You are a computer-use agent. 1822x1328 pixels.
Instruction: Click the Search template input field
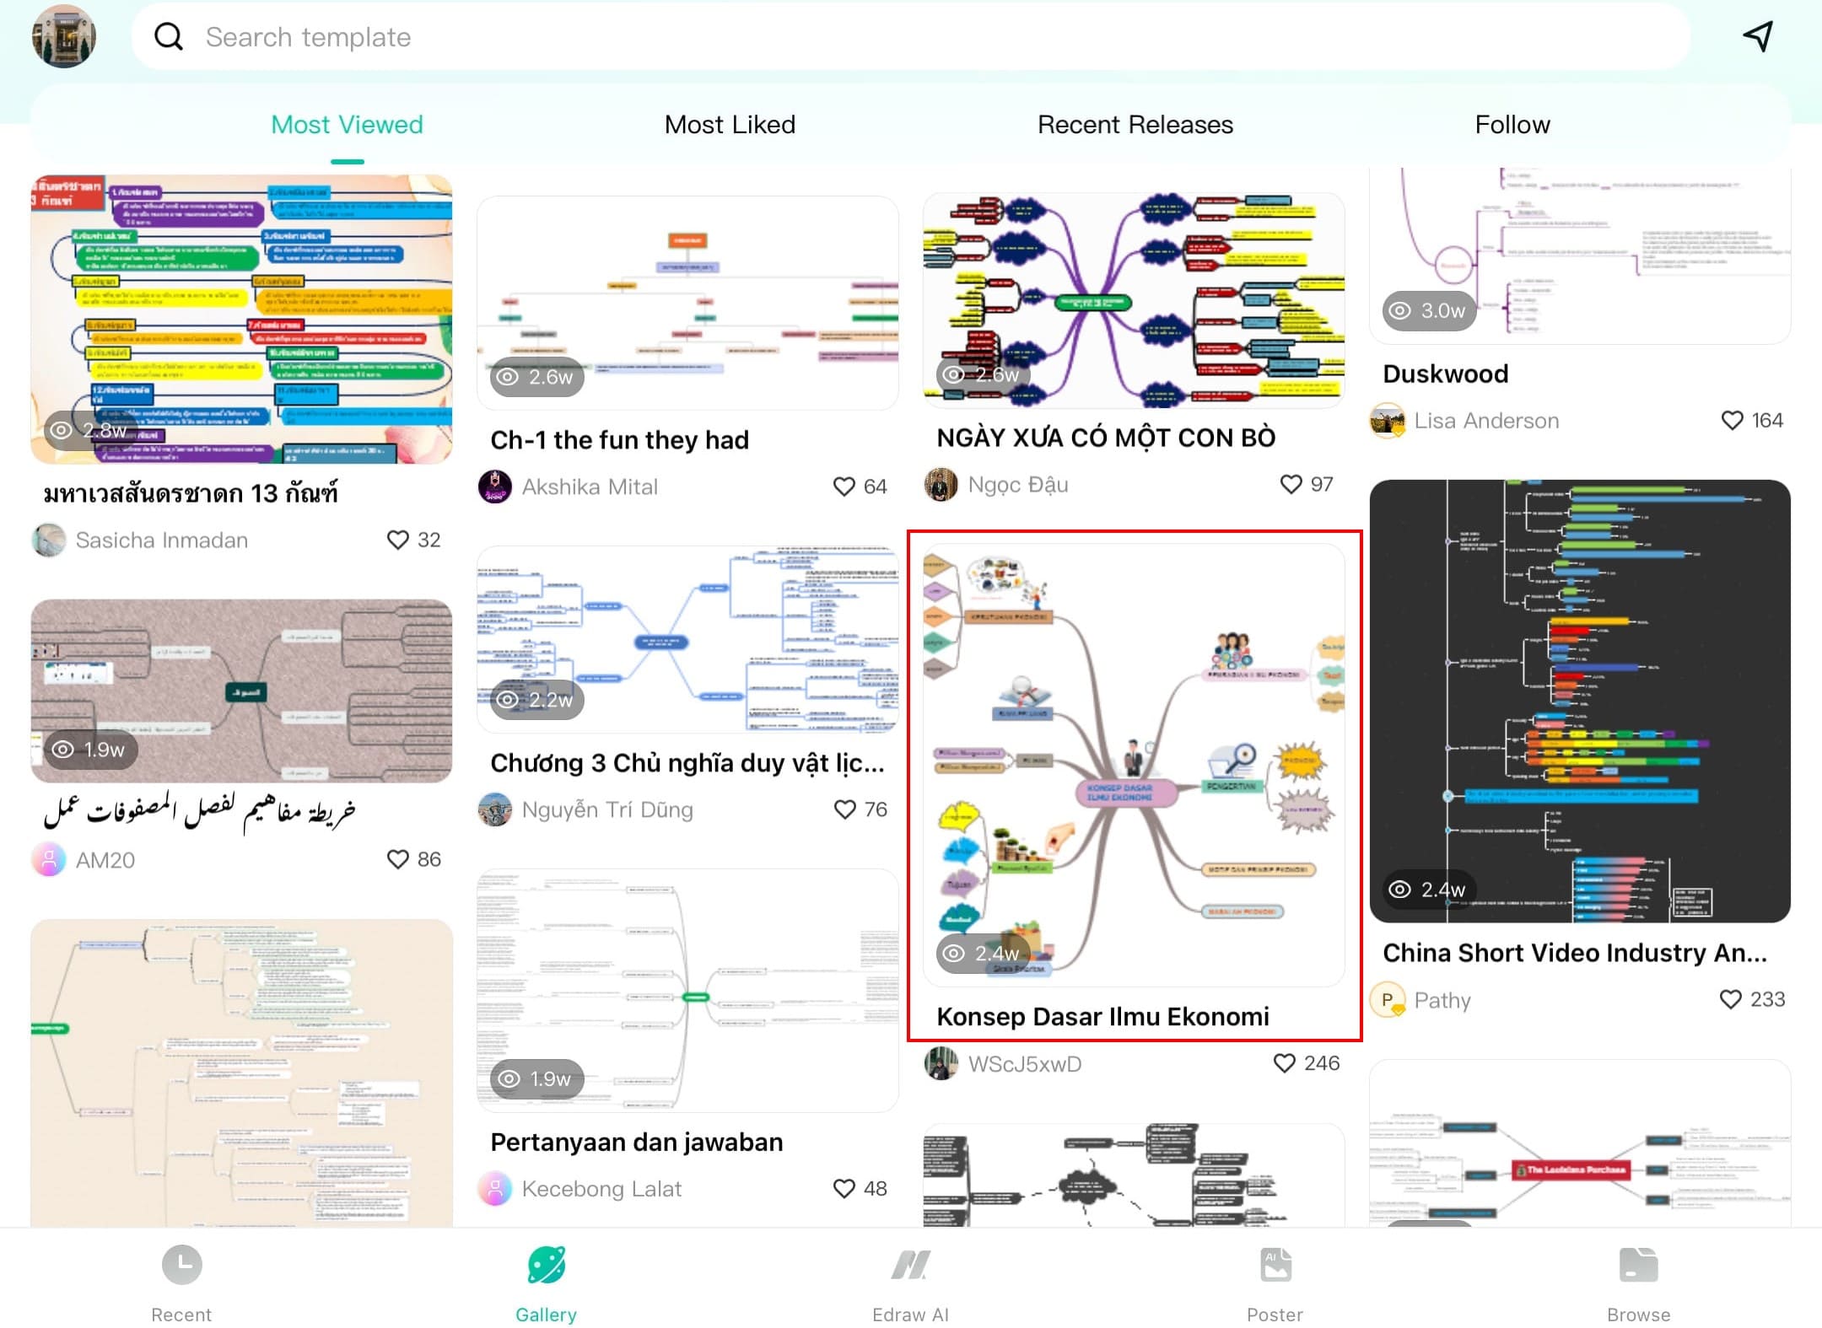click(911, 37)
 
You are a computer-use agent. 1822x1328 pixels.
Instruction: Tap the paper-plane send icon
click(1759, 36)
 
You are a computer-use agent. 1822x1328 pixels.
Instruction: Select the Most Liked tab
click(730, 125)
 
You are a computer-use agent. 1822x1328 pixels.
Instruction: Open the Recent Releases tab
click(1135, 125)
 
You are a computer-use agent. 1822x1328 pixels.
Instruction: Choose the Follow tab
click(1512, 125)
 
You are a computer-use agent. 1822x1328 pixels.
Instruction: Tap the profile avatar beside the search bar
click(64, 36)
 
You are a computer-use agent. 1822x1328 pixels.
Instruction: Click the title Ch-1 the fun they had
click(619, 440)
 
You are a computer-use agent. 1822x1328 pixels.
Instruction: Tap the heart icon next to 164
click(1732, 420)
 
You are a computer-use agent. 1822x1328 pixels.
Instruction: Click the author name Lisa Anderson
click(1486, 421)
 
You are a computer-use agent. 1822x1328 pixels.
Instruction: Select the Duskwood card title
click(1445, 374)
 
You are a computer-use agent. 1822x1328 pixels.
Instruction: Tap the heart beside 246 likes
click(1284, 1063)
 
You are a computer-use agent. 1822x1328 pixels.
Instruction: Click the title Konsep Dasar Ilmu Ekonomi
click(1102, 1017)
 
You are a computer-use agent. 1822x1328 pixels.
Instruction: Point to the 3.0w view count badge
click(1429, 310)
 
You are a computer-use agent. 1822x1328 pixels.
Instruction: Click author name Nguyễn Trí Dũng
click(607, 809)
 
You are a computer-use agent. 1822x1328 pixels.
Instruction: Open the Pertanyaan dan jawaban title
click(636, 1143)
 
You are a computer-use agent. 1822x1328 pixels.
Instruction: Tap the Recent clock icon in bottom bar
click(181, 1265)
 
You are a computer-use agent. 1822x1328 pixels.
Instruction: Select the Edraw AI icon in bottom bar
click(910, 1265)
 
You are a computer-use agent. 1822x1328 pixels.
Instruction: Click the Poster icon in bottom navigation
click(1275, 1265)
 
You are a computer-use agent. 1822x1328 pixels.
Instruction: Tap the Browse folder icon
click(1638, 1265)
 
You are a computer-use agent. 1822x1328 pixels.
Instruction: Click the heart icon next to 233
click(1730, 999)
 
